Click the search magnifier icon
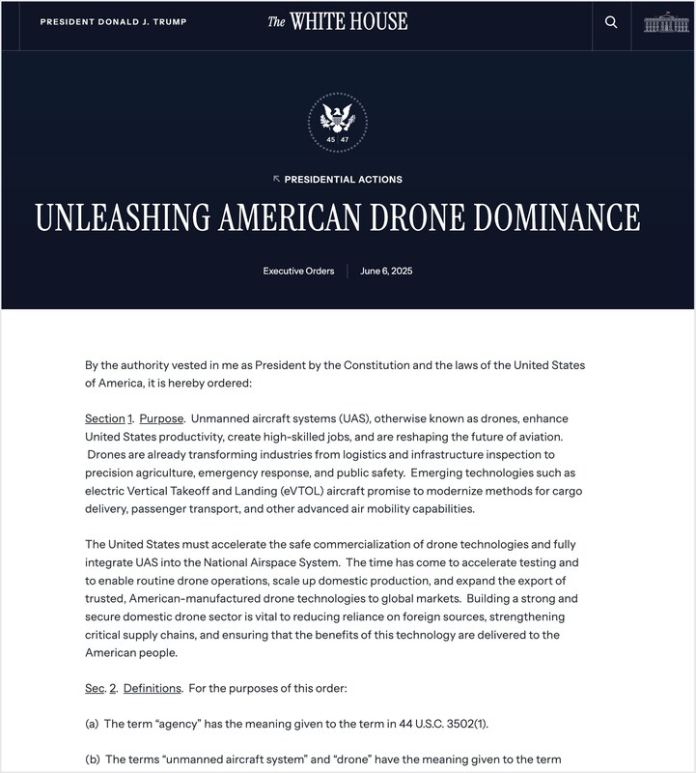coord(611,22)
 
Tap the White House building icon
coord(666,22)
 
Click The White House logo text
coord(338,21)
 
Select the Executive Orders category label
coord(298,272)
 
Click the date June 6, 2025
coord(386,272)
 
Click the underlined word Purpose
coord(161,418)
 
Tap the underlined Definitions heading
coord(152,688)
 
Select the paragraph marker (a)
coord(92,724)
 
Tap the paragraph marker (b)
coord(92,759)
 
